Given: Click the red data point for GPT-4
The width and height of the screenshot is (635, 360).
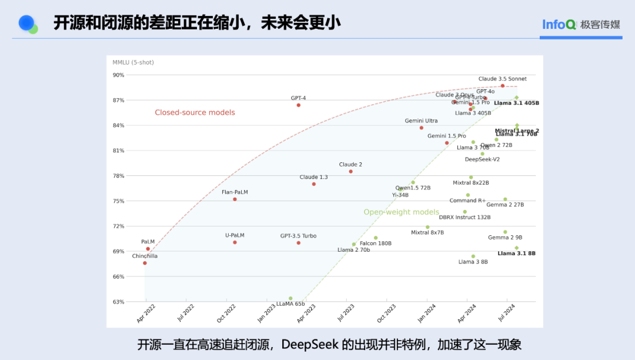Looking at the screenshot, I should [298, 105].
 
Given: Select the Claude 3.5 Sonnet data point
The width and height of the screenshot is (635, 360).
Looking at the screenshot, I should [503, 86].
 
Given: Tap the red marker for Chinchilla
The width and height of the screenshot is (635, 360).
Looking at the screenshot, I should [145, 263].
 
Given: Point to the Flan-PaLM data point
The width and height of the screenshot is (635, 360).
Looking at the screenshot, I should [235, 199].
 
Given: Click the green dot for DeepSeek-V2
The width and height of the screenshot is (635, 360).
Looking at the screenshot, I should [483, 154].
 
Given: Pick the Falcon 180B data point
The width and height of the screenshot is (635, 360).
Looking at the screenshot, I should [376, 238].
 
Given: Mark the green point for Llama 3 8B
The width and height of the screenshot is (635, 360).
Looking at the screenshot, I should [473, 256].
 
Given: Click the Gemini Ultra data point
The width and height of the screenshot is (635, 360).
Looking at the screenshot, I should [422, 128].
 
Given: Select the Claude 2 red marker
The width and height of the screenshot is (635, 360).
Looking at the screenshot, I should [351, 172].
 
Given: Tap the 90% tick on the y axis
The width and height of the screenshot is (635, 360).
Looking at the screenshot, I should [119, 75].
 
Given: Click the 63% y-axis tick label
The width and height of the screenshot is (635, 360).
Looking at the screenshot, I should [119, 302].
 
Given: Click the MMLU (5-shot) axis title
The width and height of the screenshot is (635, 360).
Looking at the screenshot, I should [133, 62].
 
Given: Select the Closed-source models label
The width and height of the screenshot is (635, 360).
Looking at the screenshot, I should [195, 112].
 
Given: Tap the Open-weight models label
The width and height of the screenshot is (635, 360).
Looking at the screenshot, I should [401, 212].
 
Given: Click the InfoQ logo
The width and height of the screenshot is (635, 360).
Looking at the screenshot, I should [558, 25].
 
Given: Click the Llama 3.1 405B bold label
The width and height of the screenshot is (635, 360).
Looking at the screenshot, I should [516, 104].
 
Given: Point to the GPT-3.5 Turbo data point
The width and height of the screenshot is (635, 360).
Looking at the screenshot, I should [298, 243].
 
